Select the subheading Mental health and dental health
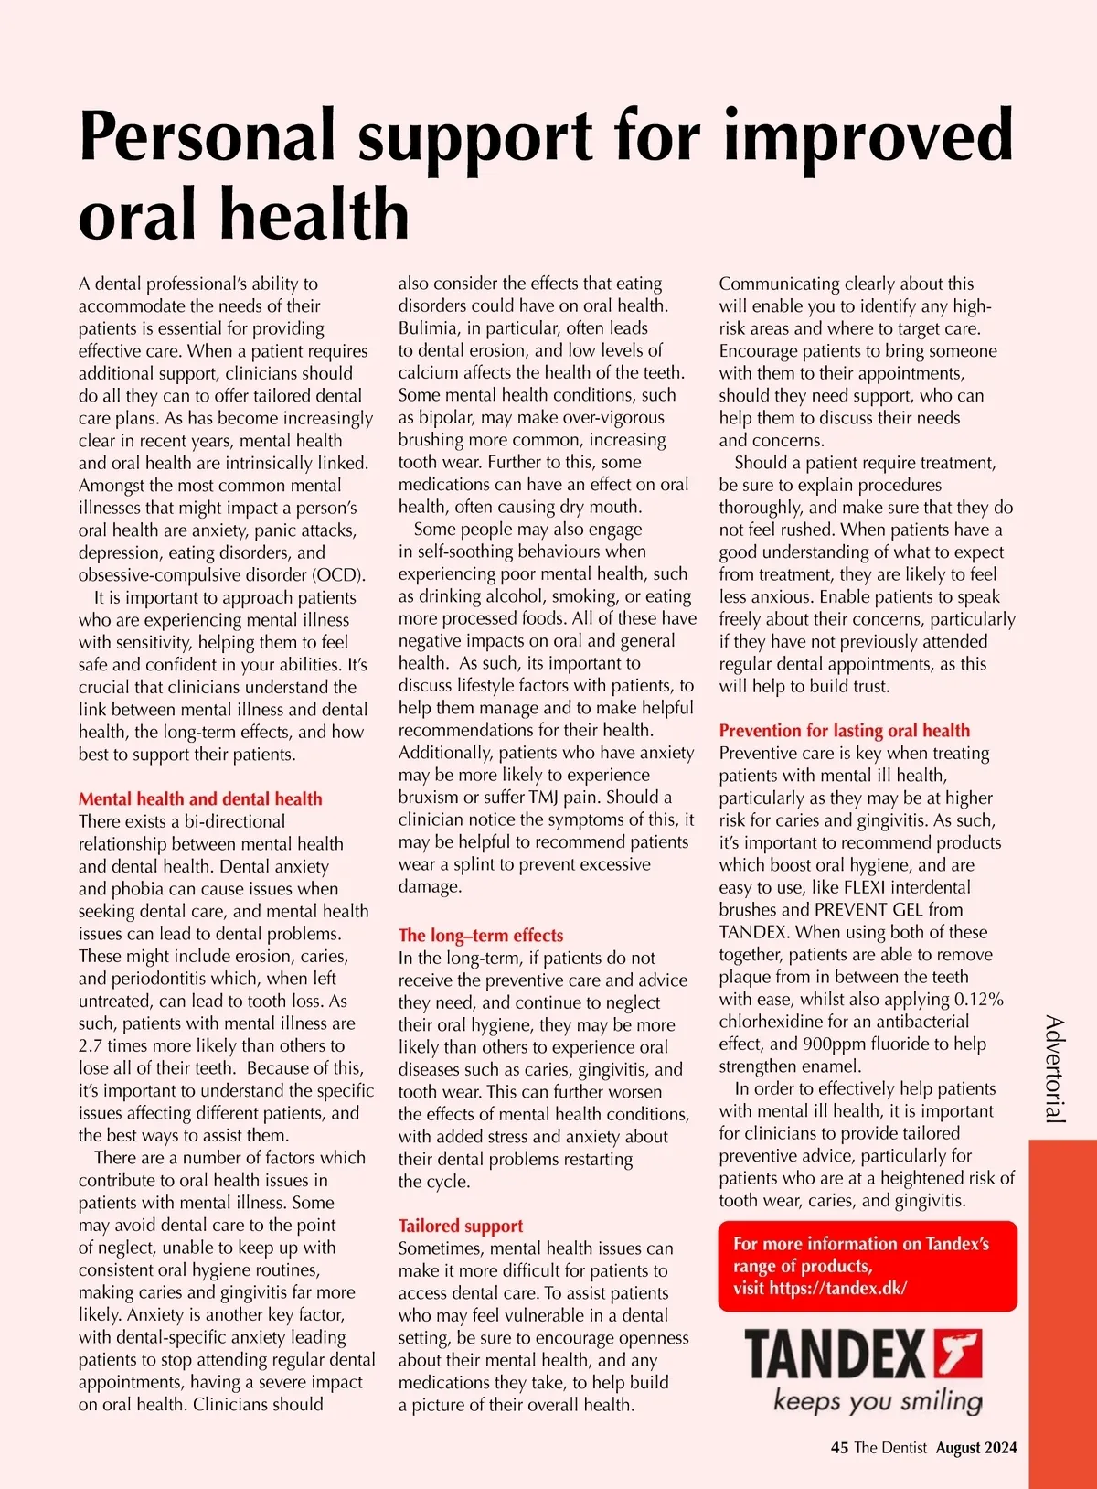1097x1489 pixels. (200, 798)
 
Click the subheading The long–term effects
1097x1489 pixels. (480, 935)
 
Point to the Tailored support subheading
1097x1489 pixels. (461, 1226)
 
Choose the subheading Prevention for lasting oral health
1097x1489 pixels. (844, 730)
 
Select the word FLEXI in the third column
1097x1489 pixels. (868, 887)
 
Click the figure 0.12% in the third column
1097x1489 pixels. (978, 999)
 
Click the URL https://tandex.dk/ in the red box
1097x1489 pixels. (837, 1288)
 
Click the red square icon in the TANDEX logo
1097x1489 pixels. (957, 1354)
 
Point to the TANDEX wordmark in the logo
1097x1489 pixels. (836, 1355)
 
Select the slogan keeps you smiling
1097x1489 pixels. (878, 1400)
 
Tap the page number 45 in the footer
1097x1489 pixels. (839, 1448)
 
